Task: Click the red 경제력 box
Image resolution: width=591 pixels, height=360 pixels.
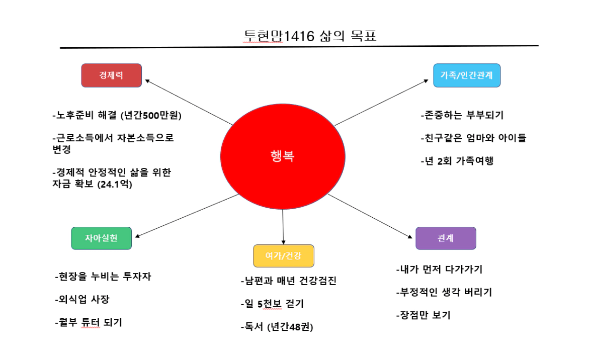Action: click(111, 75)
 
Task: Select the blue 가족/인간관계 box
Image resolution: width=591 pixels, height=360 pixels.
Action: click(466, 75)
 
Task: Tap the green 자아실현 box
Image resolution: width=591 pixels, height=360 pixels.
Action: click(101, 238)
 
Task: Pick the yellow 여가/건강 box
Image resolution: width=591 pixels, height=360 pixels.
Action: click(284, 256)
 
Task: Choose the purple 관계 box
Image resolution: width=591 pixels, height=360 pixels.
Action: click(445, 238)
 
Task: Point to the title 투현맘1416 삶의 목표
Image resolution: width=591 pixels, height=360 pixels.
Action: click(310, 36)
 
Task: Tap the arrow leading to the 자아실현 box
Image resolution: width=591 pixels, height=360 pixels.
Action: click(186, 215)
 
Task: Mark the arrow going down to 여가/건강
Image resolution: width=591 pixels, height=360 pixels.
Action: click(283, 226)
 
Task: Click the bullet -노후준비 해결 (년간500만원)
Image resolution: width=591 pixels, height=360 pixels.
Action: click(117, 116)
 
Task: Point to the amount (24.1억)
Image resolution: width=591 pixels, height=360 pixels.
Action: click(124, 185)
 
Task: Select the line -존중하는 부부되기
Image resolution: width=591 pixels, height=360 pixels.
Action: click(462, 116)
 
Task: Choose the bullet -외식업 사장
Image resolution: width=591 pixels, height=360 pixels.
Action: click(81, 300)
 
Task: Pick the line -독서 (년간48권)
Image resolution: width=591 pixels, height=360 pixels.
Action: click(276, 327)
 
